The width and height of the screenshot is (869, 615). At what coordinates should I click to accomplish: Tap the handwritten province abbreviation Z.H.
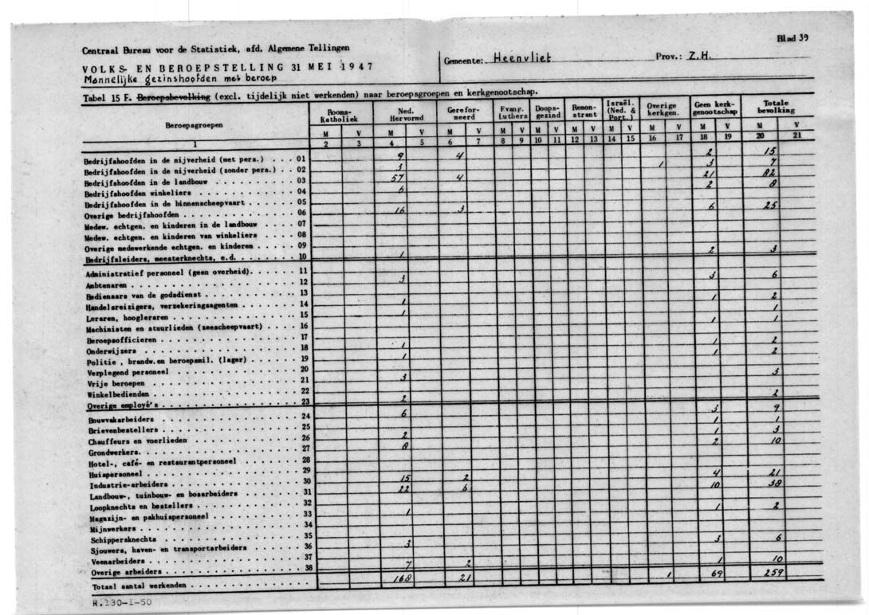699,57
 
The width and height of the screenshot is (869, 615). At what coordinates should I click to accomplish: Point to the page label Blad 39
792,37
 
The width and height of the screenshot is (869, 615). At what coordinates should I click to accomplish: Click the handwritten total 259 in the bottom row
773,574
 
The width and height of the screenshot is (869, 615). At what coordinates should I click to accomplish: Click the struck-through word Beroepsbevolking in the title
175,96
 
